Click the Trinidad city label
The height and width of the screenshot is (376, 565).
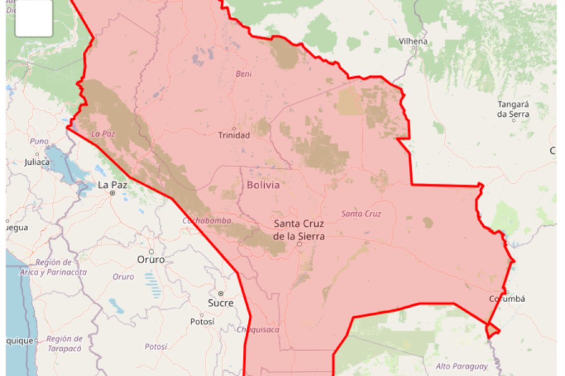tap(234, 135)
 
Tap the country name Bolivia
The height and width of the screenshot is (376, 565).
tap(263, 186)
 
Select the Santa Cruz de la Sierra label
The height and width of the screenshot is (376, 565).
tap(299, 230)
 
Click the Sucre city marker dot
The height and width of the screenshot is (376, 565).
tap(221, 293)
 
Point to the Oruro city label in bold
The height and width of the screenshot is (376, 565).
tap(151, 260)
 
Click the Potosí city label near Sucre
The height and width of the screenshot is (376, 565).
tap(202, 322)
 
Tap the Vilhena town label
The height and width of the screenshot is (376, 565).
tap(413, 42)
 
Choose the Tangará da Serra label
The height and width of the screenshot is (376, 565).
tap(513, 109)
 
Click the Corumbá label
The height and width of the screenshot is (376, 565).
tap(507, 299)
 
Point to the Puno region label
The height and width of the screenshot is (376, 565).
tap(39, 141)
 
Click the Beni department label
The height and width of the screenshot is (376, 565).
tap(243, 74)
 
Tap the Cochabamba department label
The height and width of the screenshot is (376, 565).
tap(207, 221)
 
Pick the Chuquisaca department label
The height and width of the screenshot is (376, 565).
tap(258, 330)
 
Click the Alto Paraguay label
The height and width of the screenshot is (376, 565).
tap(461, 367)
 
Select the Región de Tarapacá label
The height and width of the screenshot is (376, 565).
tap(64, 343)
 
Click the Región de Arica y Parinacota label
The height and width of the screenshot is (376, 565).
tap(54, 267)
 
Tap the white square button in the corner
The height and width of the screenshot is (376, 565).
tap(34, 18)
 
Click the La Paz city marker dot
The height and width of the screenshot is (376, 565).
tap(113, 193)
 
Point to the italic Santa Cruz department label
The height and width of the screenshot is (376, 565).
tap(361, 214)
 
